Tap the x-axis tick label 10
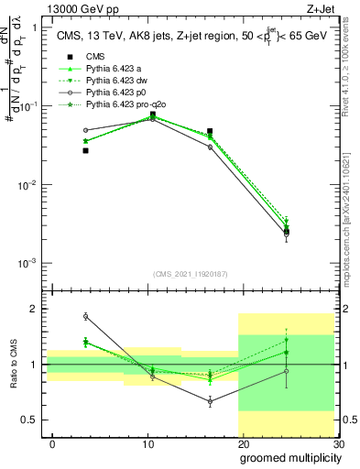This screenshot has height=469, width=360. [x=147, y=443]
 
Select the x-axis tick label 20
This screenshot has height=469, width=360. [x=243, y=443]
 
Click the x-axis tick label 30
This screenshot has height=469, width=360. [x=338, y=443]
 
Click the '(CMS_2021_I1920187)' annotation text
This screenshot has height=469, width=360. [x=190, y=272]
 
